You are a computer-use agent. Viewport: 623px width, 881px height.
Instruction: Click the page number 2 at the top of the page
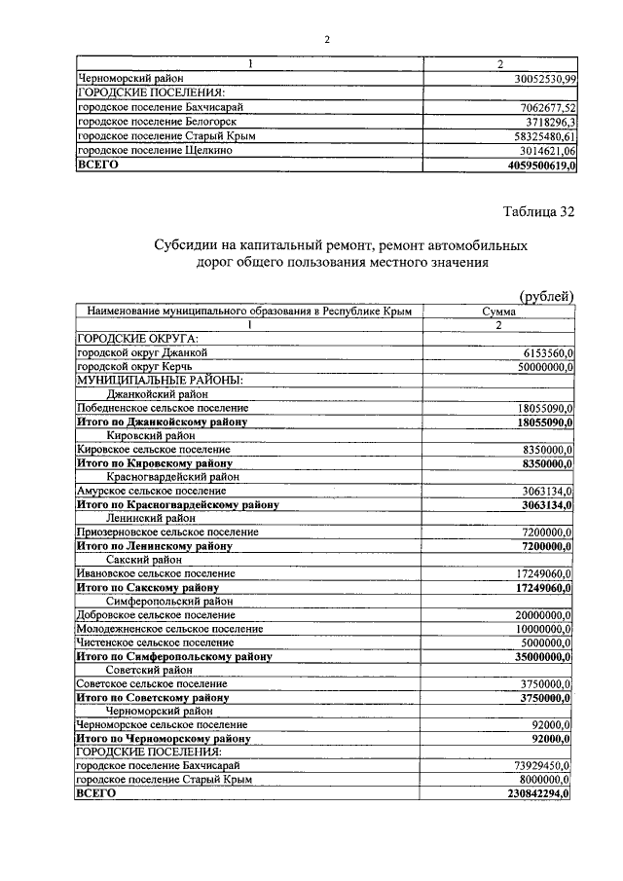pos(327,40)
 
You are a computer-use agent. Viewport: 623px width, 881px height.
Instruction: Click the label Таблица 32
pos(538,212)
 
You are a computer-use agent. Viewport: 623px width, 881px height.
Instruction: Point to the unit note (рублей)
pos(546,296)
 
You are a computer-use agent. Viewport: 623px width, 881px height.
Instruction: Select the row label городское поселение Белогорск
pos(156,122)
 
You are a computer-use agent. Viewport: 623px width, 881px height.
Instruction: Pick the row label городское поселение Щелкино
pos(154,151)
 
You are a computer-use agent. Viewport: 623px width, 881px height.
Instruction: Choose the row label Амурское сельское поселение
pos(156,492)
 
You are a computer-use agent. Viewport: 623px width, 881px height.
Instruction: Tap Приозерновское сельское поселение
pos(167,532)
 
